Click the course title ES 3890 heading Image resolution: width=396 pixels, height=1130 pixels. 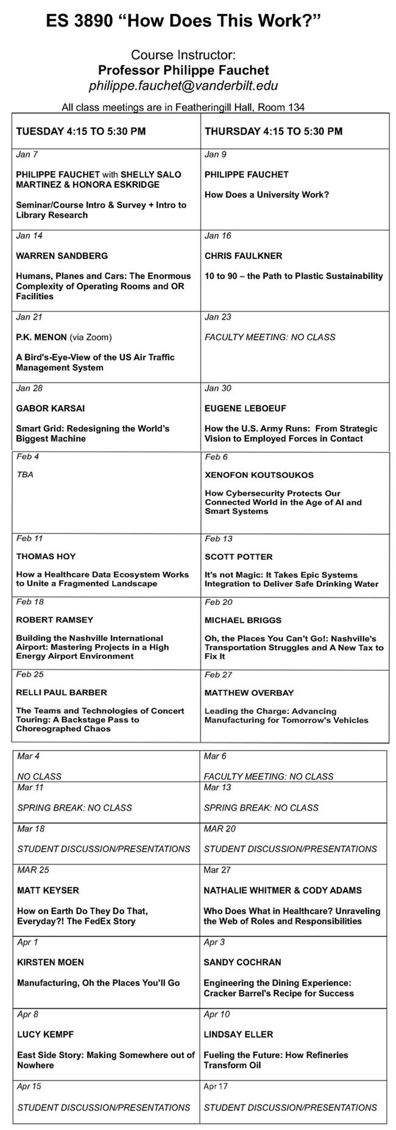(x=183, y=22)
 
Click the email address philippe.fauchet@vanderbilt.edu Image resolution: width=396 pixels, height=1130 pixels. (x=183, y=86)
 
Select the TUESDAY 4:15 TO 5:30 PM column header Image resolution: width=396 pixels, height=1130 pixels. (x=80, y=131)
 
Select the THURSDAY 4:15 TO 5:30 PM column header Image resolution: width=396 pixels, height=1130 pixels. (x=274, y=131)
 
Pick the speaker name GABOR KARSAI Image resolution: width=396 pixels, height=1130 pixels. (x=51, y=408)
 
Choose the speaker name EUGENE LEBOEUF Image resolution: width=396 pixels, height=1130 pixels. (x=245, y=408)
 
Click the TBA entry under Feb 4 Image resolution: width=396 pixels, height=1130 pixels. (x=25, y=474)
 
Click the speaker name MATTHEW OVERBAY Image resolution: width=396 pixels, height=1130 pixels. (x=249, y=692)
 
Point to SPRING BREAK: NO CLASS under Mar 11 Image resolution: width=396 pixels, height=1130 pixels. (x=74, y=807)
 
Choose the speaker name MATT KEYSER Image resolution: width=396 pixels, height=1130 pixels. (x=48, y=890)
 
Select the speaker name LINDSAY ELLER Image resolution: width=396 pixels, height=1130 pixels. (x=238, y=1034)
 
